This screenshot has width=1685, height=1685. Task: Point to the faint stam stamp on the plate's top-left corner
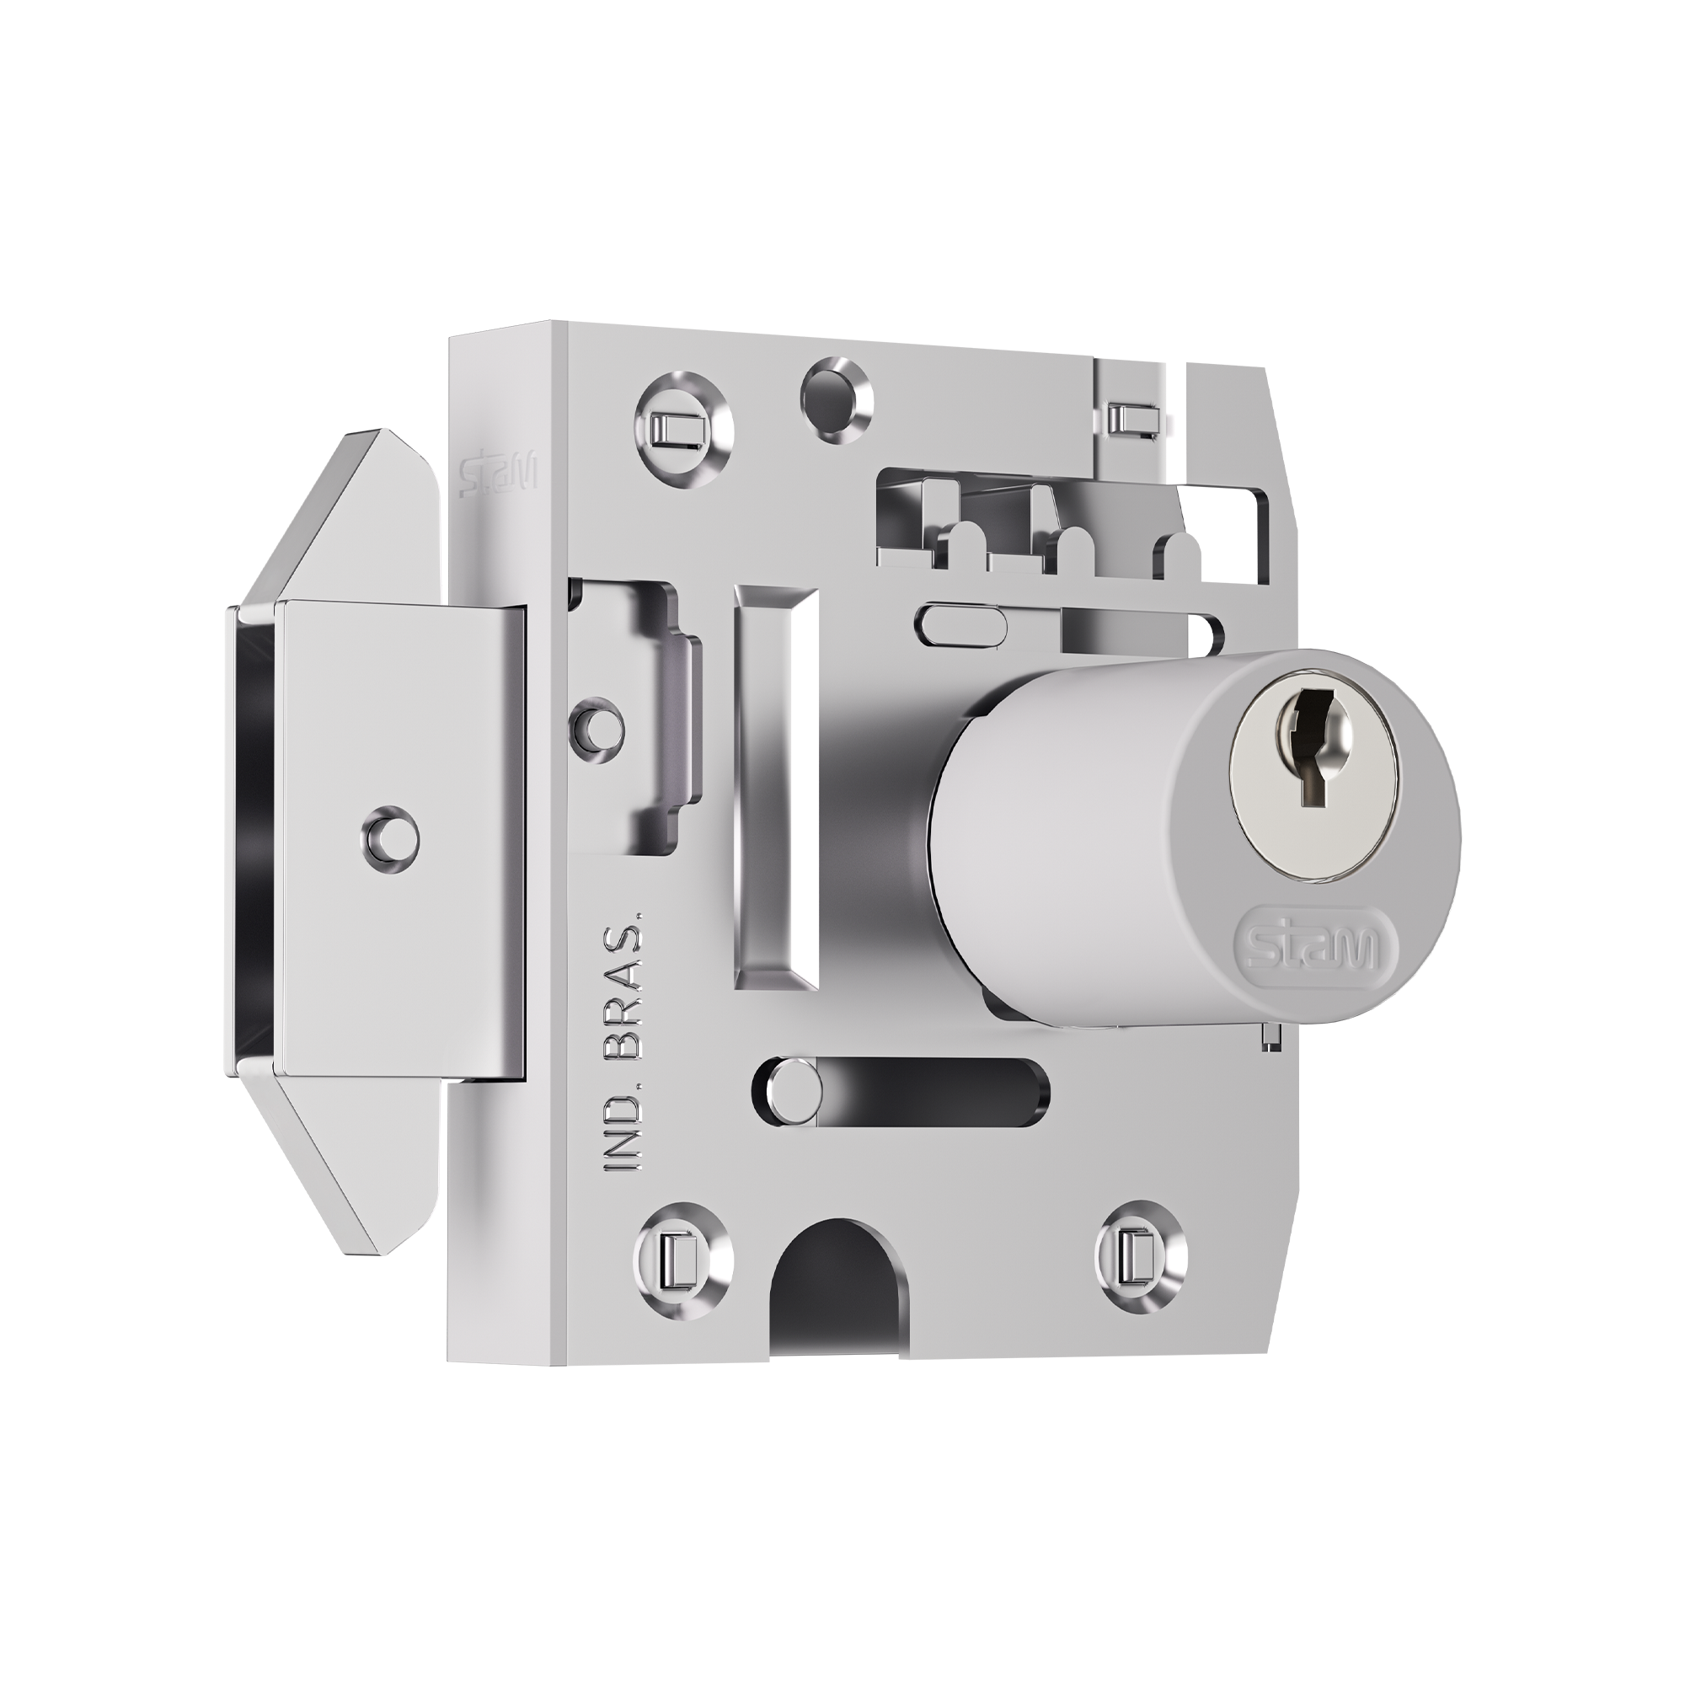[499, 473]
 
